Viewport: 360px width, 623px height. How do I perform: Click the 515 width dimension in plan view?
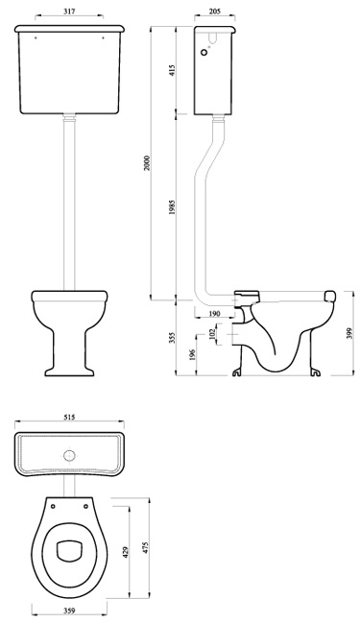70,419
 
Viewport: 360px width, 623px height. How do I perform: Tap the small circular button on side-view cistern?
205,56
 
